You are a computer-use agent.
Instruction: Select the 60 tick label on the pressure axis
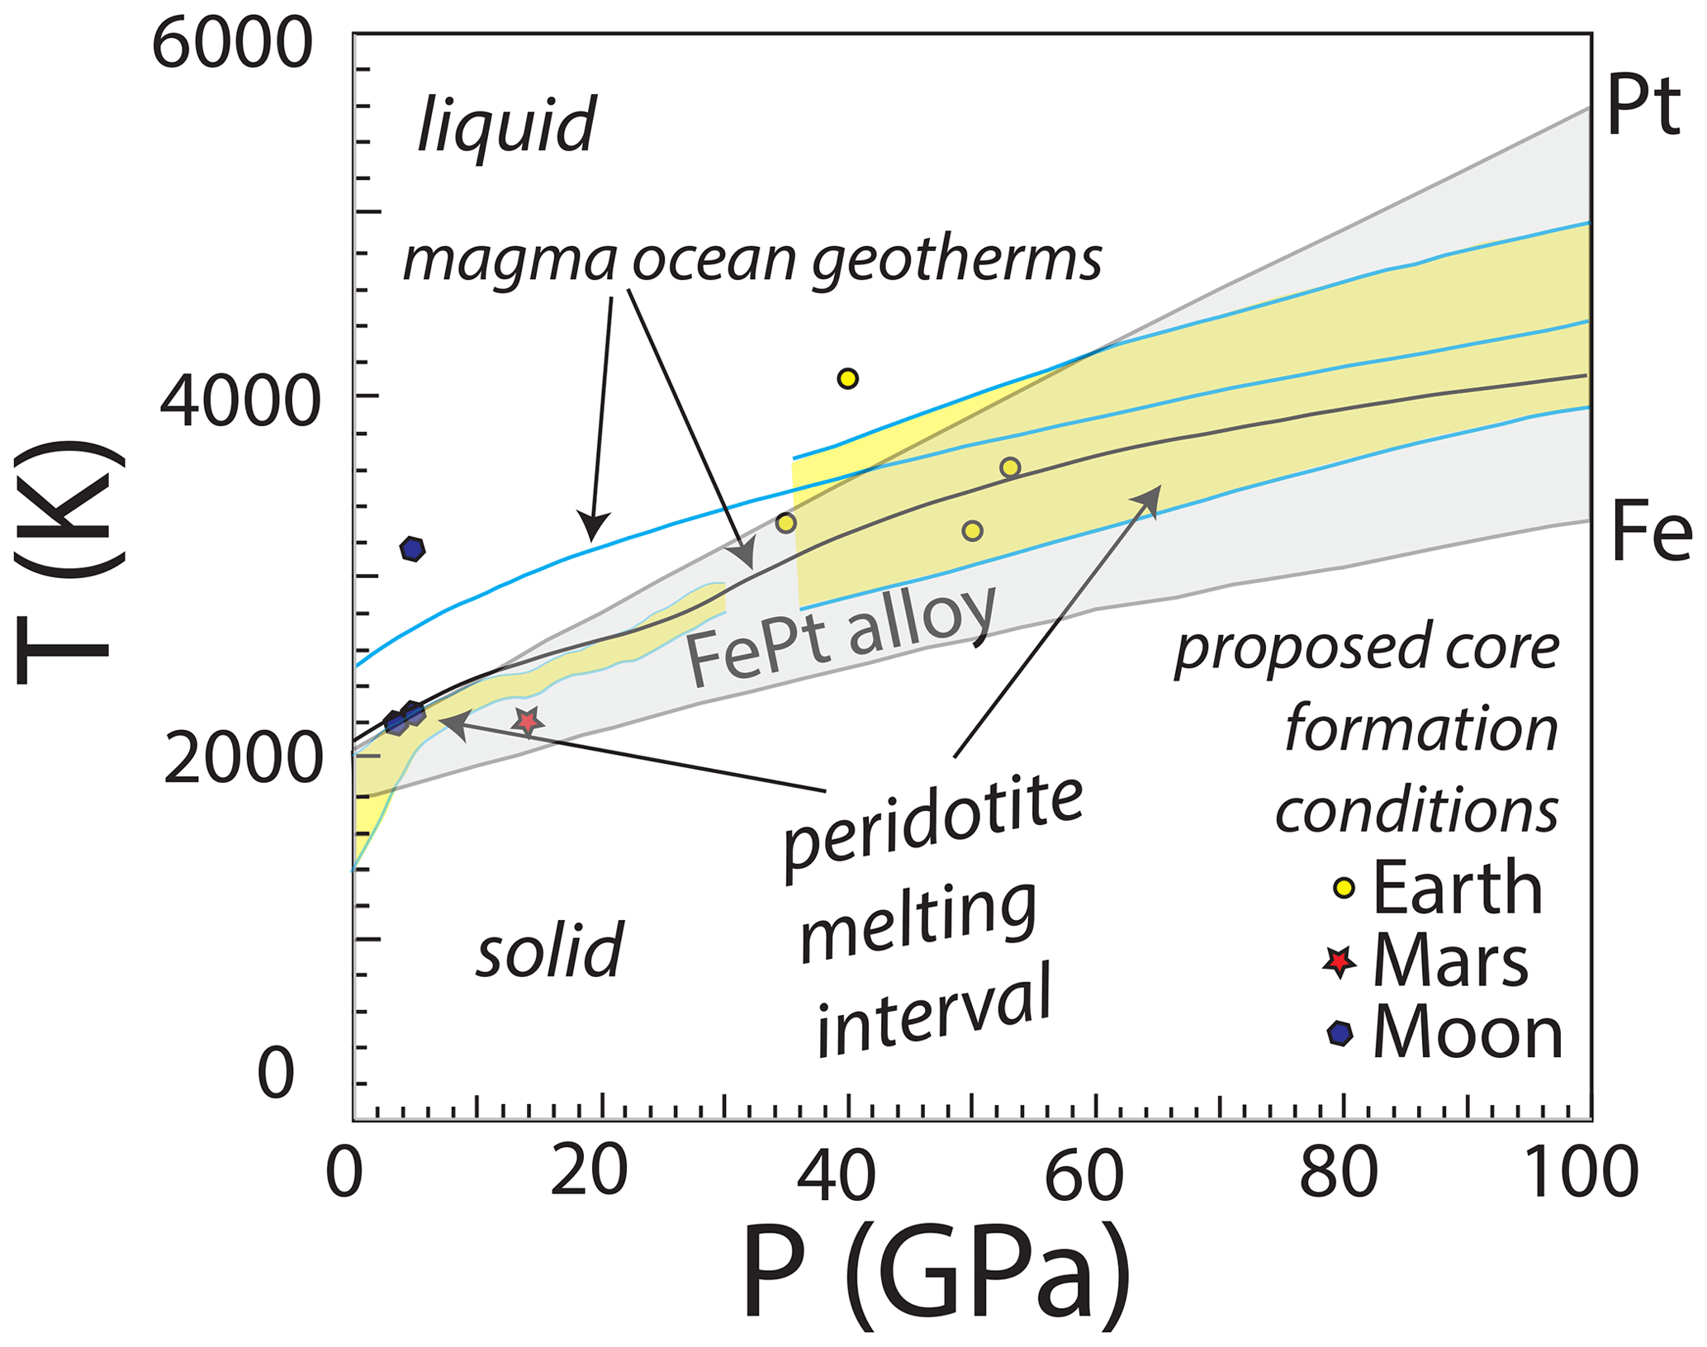click(x=1083, y=1174)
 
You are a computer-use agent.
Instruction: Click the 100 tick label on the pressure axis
click(x=1580, y=1174)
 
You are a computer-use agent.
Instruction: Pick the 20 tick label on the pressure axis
click(x=589, y=1174)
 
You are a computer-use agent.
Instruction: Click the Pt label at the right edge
click(x=1643, y=107)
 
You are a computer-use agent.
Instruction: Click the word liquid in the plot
click(x=506, y=125)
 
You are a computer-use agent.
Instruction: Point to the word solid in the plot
click(x=549, y=950)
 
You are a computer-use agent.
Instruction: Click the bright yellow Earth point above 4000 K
click(x=847, y=379)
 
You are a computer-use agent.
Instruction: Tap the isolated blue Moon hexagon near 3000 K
click(x=412, y=548)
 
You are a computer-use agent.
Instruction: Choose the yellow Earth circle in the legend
click(x=1344, y=889)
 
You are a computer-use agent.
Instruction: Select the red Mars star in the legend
click(x=1339, y=961)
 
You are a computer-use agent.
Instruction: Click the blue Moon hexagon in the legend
click(x=1340, y=1033)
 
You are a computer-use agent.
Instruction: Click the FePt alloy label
click(x=842, y=635)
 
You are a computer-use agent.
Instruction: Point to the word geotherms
click(x=956, y=259)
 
